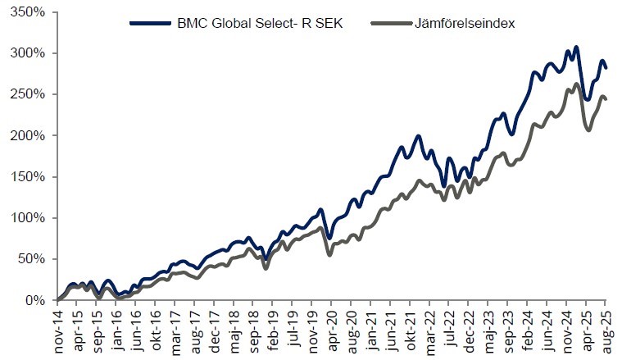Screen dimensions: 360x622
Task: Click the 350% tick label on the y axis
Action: [x=30, y=13]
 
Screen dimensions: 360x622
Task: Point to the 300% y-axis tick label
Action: [x=30, y=54]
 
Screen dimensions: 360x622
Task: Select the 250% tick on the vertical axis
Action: [x=30, y=95]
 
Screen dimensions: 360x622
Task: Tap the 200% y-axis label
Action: [x=30, y=136]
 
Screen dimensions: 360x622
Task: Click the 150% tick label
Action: [x=30, y=177]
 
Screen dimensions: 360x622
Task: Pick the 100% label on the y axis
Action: [x=30, y=218]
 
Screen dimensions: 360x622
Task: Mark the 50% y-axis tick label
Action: [x=33, y=259]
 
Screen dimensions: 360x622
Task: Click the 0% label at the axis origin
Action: [x=36, y=300]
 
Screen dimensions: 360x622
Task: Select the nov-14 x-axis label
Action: [x=58, y=328]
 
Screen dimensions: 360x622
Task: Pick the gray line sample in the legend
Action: [x=389, y=23]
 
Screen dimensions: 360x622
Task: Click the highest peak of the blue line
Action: [x=577, y=48]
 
